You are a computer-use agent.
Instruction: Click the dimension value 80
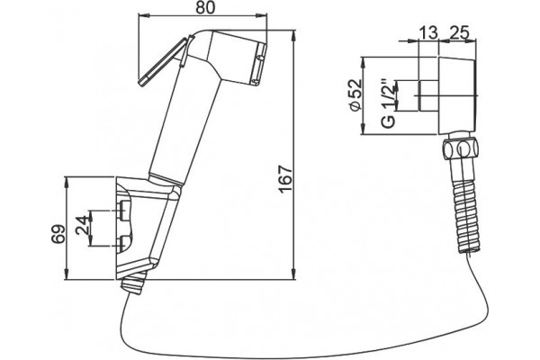point(205,7)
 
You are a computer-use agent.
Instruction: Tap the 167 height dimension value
point(286,179)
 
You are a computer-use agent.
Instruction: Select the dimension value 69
point(58,234)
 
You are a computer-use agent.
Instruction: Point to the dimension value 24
point(82,225)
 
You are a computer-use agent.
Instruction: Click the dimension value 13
point(428,33)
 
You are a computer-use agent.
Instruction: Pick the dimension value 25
point(460,32)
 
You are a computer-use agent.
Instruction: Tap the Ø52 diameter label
point(355,95)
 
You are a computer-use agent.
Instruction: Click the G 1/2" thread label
point(390,104)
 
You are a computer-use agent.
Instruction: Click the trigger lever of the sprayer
point(163,63)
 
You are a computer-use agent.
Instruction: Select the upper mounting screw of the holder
point(123,210)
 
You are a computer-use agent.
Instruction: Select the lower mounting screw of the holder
point(123,243)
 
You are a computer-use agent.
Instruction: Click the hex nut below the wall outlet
point(460,148)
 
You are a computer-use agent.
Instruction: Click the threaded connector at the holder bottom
point(134,283)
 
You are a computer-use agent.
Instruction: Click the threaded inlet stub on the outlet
point(428,96)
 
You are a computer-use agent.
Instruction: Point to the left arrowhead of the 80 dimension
point(144,15)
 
